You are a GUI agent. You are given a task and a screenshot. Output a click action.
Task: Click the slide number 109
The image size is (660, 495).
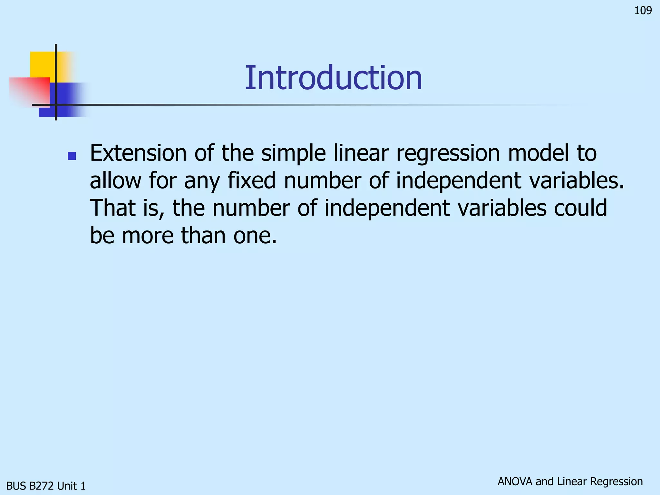[x=643, y=11]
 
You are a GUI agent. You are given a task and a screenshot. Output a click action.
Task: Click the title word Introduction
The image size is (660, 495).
[x=333, y=78]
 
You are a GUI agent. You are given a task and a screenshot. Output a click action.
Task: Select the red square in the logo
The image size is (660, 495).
[x=29, y=92]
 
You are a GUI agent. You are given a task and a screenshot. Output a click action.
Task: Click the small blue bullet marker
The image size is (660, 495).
[x=72, y=156]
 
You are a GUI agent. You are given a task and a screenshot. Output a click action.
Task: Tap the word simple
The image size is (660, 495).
[x=293, y=154]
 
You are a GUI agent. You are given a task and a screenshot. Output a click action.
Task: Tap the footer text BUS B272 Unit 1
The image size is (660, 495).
[x=46, y=486]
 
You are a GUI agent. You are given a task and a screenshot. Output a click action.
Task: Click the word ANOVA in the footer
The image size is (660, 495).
[x=515, y=481]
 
